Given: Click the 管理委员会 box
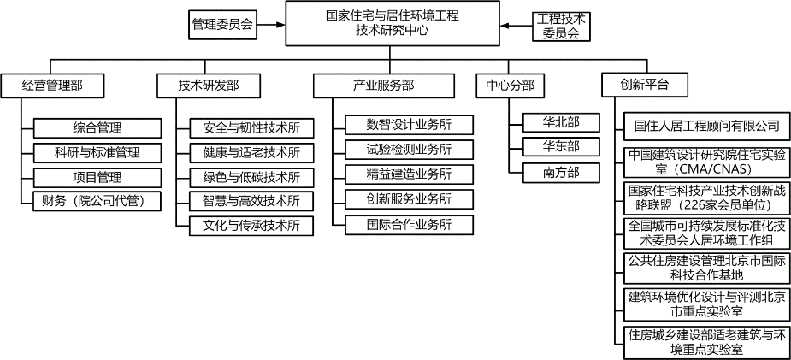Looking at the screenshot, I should [x=222, y=26].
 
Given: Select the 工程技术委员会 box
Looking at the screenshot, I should [x=560, y=26].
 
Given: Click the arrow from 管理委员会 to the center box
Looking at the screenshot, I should [x=271, y=26].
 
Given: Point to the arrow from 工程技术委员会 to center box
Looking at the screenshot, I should [x=515, y=26].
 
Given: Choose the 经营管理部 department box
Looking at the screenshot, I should [x=52, y=85].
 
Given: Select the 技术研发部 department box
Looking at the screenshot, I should [x=208, y=85].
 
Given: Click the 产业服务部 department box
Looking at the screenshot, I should [x=383, y=85].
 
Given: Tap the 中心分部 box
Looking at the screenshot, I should [x=511, y=85].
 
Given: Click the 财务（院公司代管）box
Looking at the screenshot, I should [x=97, y=202].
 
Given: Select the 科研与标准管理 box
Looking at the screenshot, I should [x=97, y=152].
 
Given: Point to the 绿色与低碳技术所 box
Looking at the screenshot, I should [x=251, y=177].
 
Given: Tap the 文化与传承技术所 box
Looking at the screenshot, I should [x=251, y=226].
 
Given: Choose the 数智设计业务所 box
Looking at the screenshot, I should [x=409, y=125].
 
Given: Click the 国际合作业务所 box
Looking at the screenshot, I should [x=409, y=226].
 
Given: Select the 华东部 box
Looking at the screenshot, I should [x=560, y=146].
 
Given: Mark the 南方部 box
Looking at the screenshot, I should [x=560, y=172].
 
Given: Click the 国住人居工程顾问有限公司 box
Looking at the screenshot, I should [x=707, y=126].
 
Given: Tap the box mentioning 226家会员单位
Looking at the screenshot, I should [x=707, y=198].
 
